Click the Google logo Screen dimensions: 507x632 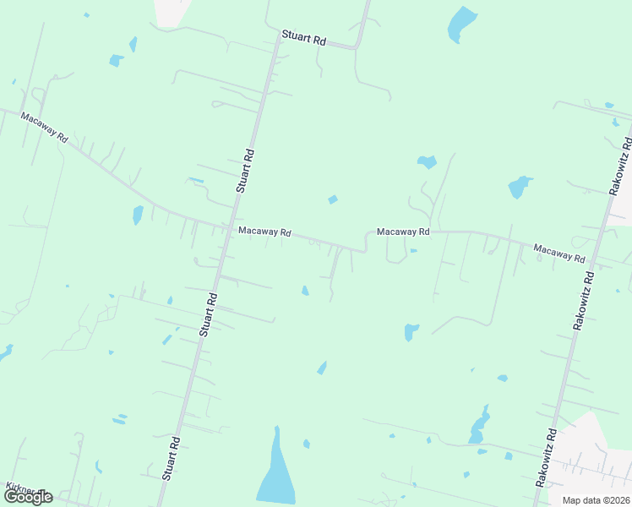tap(27, 497)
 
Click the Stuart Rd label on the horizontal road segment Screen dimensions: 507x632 tap(304, 40)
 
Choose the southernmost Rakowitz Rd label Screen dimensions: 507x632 tap(545, 457)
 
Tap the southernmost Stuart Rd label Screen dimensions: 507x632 tap(172, 458)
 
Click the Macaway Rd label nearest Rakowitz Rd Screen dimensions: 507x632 tap(559, 251)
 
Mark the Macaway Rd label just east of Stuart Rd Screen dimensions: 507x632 tap(264, 231)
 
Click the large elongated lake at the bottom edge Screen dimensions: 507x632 tap(275, 473)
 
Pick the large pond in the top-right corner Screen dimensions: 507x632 tap(462, 24)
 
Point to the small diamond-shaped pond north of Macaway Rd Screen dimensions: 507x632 tap(333, 199)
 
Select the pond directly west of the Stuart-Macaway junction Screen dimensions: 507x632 tap(138, 215)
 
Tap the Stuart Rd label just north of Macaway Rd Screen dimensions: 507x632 tap(245, 172)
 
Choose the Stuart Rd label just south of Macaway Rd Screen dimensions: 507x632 tap(209, 314)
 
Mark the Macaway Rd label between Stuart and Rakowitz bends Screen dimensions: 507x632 tap(403, 232)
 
